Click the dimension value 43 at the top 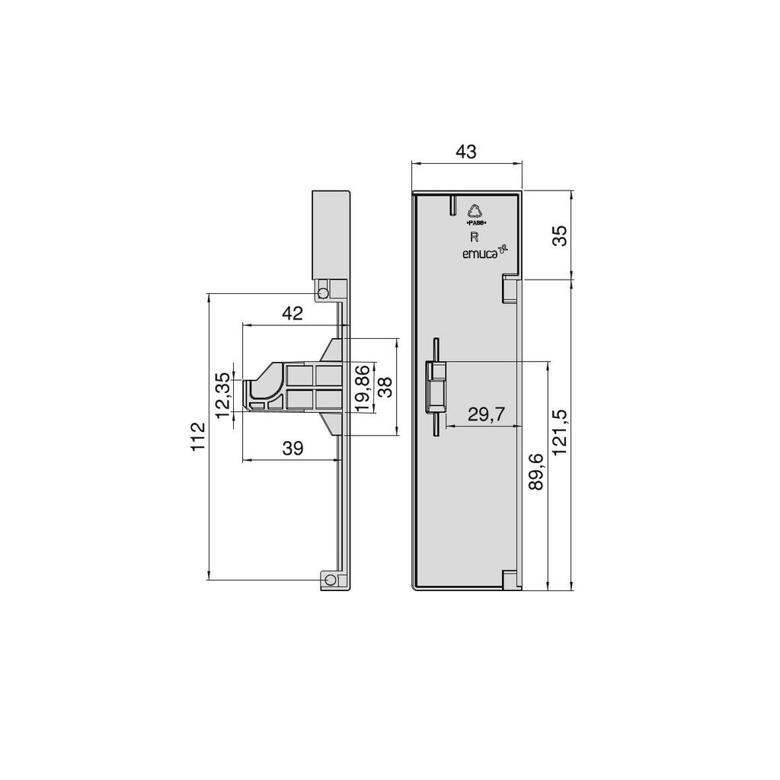pos(465,152)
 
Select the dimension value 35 pos(560,234)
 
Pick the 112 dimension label pos(199,436)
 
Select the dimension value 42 pos(292,313)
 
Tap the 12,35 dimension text pos(222,395)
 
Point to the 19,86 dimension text pos(364,388)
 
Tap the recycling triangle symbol pos(476,211)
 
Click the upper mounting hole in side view pos(323,293)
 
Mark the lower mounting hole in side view pos(329,580)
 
